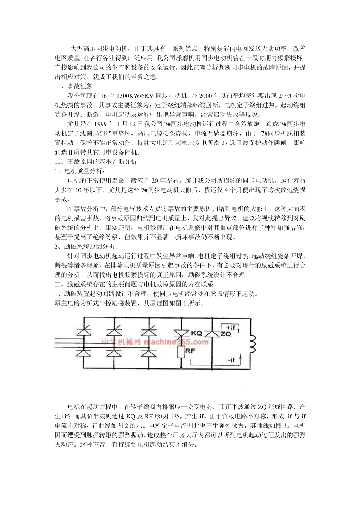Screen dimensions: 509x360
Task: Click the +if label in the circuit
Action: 230,327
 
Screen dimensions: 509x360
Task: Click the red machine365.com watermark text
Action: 155,342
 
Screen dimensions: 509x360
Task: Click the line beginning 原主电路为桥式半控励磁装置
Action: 130,303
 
